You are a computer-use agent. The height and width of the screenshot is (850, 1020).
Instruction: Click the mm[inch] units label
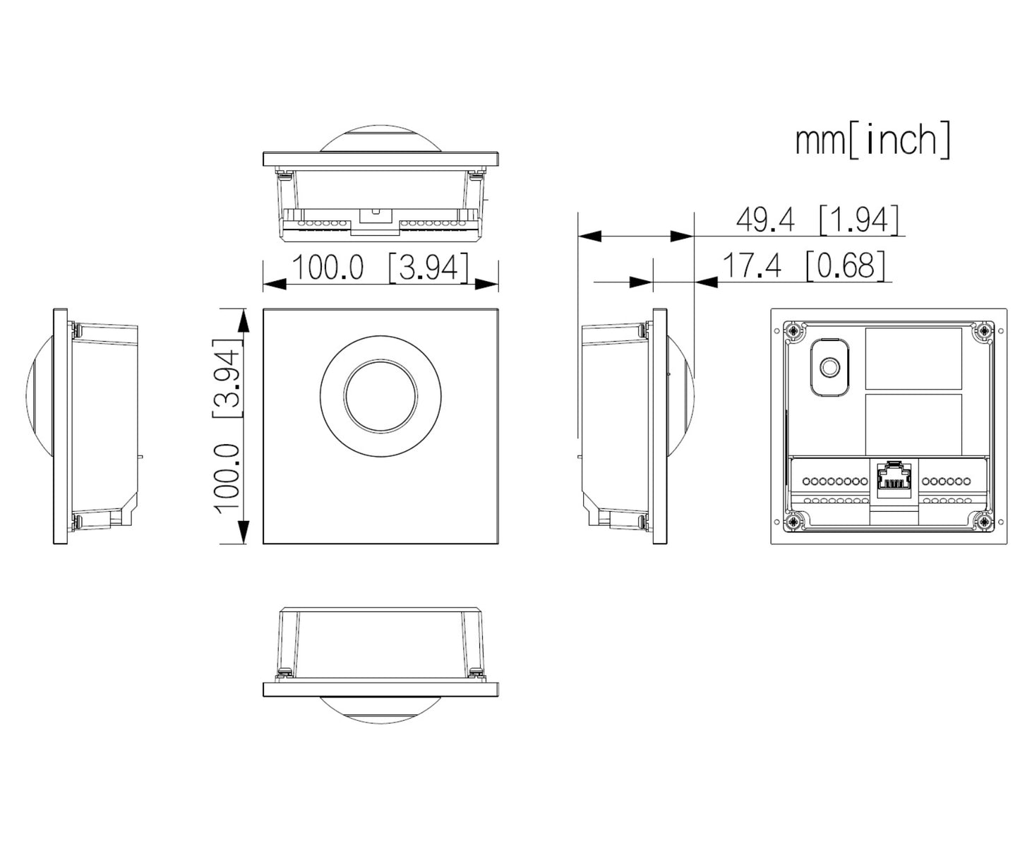872,140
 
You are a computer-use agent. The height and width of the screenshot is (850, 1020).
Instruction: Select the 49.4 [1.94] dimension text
817,220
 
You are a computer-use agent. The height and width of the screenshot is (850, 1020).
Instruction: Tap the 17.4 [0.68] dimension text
803,265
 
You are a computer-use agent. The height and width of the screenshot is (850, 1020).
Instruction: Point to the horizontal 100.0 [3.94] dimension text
380,267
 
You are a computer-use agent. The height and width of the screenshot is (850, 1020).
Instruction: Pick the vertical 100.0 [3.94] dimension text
227,425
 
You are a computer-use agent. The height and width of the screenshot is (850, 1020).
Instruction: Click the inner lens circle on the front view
380,396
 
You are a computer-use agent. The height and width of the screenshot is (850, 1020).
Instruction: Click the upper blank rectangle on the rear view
913,359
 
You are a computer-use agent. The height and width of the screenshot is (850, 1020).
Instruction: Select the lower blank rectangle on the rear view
913,425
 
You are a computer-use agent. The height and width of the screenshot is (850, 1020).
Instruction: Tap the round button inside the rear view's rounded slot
830,366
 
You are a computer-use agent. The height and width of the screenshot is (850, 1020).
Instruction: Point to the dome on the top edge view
380,140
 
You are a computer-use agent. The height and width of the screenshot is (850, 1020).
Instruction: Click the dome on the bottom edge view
380,710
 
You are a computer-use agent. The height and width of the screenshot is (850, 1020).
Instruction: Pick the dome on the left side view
40,396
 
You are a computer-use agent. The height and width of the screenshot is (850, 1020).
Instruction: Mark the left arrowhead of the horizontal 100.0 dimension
275,284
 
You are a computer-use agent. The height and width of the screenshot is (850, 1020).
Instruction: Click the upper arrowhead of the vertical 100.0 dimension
244,321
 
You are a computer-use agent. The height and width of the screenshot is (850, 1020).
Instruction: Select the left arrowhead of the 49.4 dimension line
589,237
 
